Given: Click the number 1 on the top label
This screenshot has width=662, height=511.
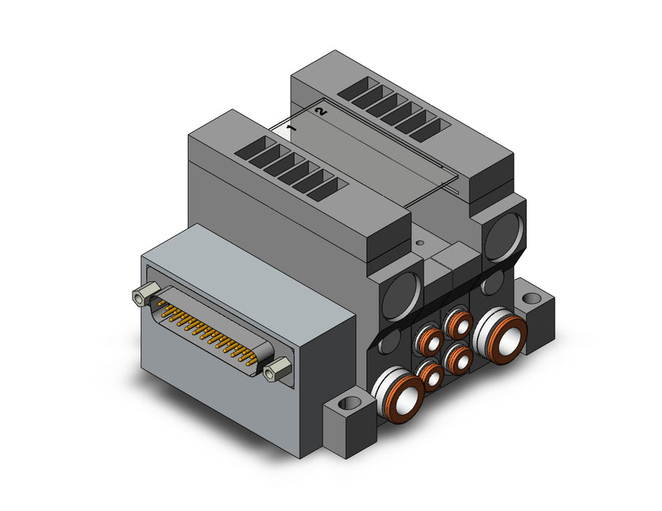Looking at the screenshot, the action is coord(291,128).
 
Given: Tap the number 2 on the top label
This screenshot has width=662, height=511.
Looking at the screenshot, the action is coord(321,112).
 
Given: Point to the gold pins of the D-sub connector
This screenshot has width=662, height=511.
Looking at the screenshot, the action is coord(206,331).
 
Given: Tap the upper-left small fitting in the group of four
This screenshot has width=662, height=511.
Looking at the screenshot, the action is coord(430,339).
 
